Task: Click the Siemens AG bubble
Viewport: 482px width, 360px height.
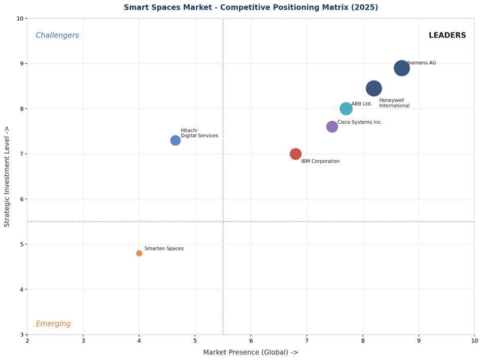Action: click(x=401, y=68)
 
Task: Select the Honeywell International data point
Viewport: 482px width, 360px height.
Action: click(x=373, y=88)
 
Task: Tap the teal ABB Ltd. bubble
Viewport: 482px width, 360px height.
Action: click(x=346, y=109)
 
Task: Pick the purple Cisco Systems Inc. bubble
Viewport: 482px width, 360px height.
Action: click(x=332, y=127)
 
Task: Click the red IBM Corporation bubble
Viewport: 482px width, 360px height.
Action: click(x=295, y=154)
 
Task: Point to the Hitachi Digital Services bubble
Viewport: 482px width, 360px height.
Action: click(x=175, y=140)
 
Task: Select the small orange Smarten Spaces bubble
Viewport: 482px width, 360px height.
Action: click(x=139, y=253)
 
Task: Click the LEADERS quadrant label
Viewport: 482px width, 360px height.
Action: click(x=447, y=35)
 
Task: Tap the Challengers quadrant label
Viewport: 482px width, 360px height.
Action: click(x=57, y=35)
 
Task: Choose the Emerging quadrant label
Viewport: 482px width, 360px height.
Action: click(x=53, y=324)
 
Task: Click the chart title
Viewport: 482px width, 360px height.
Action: click(x=251, y=8)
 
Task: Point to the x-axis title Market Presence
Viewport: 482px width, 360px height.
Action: click(x=251, y=352)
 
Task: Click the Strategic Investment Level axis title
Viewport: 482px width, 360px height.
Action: click(x=7, y=176)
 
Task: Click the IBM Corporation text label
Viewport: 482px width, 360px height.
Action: click(x=320, y=162)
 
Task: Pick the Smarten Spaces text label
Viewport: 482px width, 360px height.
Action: click(x=164, y=249)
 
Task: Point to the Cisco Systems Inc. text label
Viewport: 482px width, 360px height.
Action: click(x=360, y=122)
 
